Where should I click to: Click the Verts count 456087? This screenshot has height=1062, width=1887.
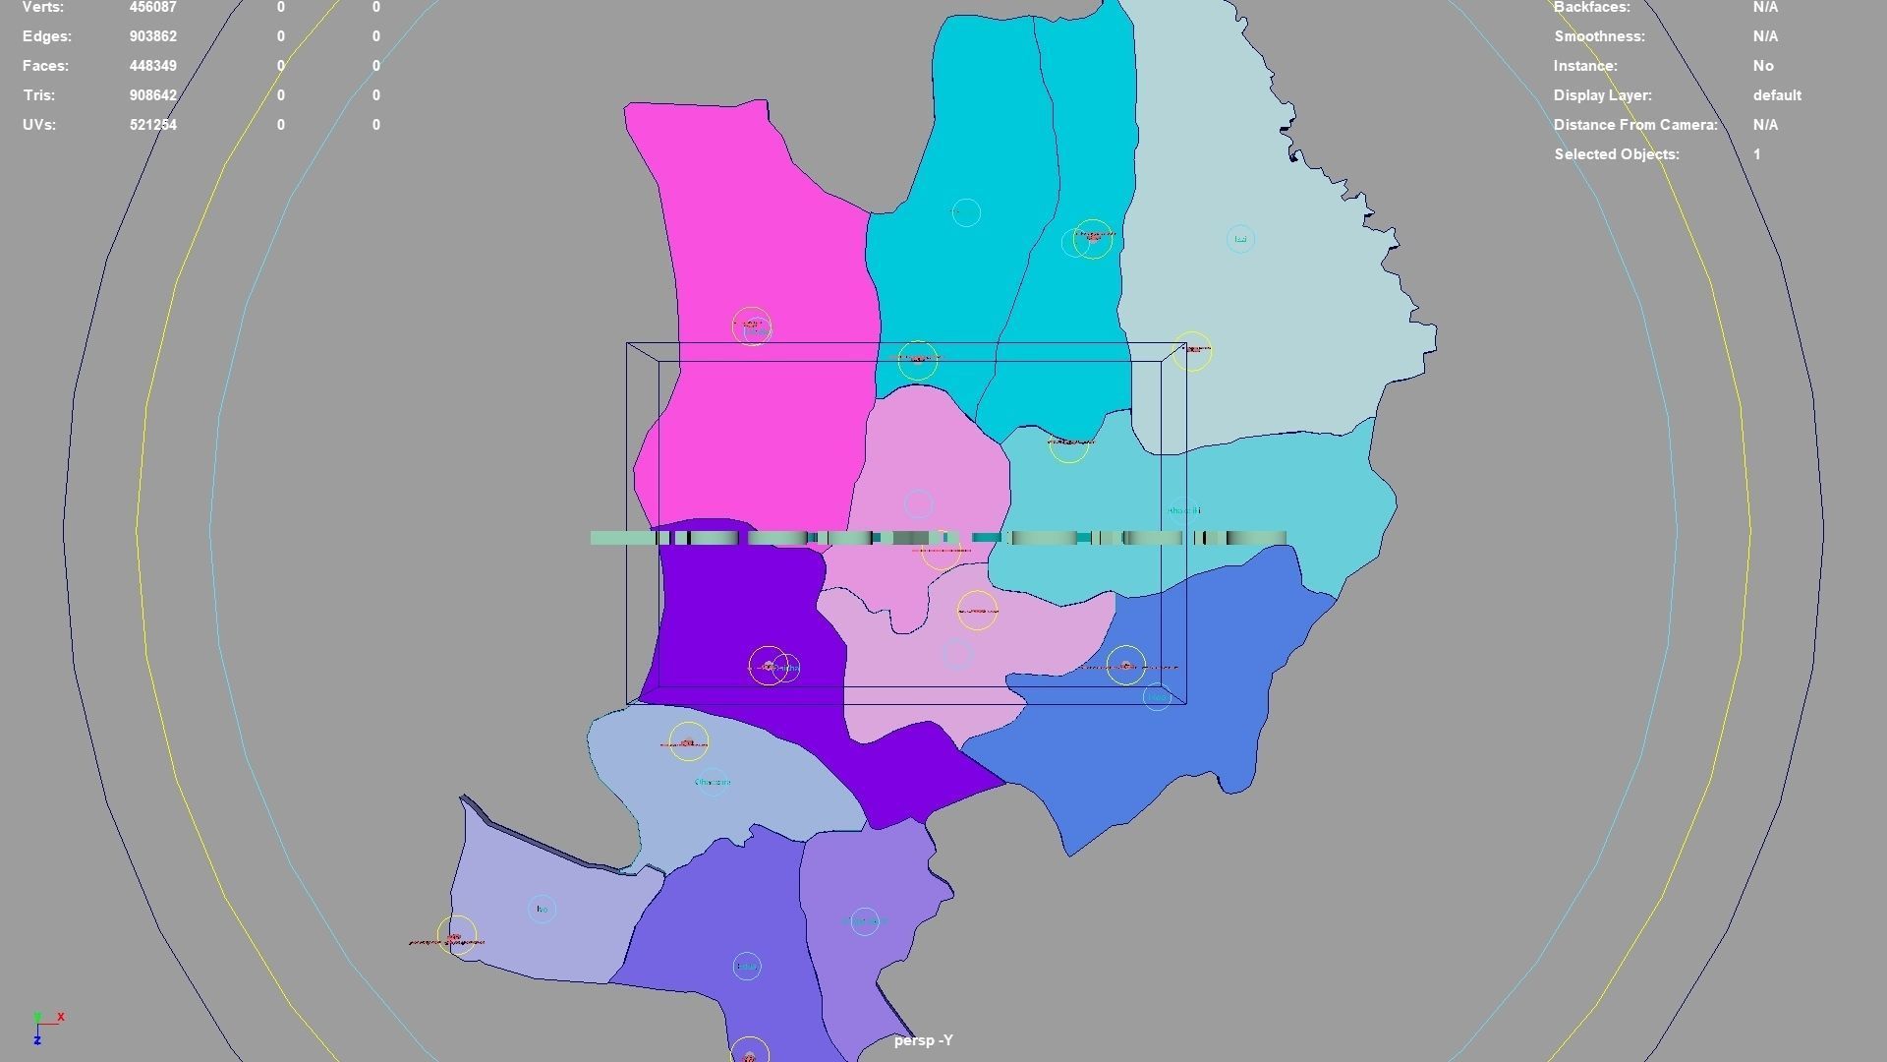pos(152,8)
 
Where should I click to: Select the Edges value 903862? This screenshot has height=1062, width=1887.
pos(152,36)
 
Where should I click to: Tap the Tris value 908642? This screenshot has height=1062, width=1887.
pos(152,95)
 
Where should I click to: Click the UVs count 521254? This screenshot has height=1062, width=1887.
pos(152,125)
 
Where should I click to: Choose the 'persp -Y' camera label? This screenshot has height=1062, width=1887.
pos(923,1040)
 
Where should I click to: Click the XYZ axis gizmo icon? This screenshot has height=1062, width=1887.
pos(45,1026)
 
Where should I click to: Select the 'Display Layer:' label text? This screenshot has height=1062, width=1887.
pos(1602,95)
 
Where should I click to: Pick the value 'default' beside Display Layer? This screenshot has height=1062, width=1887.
pos(1776,95)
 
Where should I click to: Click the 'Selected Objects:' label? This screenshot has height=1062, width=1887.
pos(1616,154)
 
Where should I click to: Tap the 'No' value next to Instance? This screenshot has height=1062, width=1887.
pos(1762,66)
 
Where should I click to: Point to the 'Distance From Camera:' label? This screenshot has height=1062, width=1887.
pos(1634,125)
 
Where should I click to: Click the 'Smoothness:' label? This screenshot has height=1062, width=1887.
pos(1599,36)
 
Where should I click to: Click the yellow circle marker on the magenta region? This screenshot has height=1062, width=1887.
pos(751,325)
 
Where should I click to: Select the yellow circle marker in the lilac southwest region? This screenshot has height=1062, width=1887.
pos(456,935)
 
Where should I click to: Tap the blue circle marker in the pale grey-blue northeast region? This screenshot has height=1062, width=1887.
pos(1240,239)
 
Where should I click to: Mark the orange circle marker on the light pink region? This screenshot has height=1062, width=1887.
pos(977,611)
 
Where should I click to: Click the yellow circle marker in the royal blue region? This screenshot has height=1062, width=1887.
pos(1125,666)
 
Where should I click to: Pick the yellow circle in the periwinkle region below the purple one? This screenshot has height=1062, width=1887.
pos(688,741)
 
